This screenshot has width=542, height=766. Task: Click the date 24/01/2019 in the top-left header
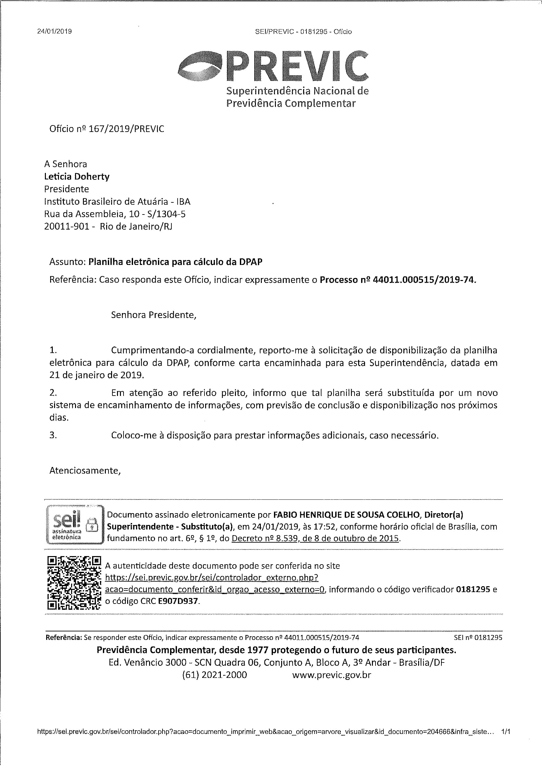[54, 32]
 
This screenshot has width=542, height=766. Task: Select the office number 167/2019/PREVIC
[126, 129]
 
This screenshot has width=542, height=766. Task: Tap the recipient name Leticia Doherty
[77, 177]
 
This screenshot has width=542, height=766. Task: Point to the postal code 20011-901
[67, 227]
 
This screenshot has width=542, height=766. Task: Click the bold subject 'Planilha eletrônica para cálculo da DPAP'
[175, 262]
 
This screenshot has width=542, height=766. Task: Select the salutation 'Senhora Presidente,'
[153, 315]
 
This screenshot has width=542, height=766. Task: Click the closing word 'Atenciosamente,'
[85, 470]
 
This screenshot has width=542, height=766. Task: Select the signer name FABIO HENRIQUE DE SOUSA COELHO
[346, 515]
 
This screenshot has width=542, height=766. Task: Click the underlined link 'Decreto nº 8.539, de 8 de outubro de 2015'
[315, 538]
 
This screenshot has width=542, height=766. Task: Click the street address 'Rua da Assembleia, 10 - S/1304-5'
[115, 214]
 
